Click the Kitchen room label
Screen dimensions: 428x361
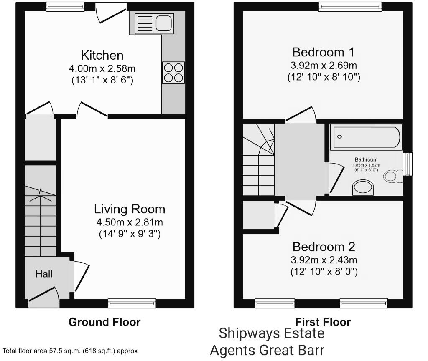pyautogui.click(x=102, y=56)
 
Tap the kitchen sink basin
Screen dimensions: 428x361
pyautogui.click(x=164, y=23)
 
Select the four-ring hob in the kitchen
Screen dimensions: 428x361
pyautogui.click(x=173, y=73)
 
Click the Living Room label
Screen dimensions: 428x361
pyautogui.click(x=130, y=209)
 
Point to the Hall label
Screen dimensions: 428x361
pyautogui.click(x=43, y=274)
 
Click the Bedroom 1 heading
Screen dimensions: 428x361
pyautogui.click(x=323, y=52)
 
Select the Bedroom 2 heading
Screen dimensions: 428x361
pyautogui.click(x=324, y=247)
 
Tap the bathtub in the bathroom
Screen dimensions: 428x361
pyautogui.click(x=366, y=137)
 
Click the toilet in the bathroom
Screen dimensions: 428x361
pyautogui.click(x=393, y=176)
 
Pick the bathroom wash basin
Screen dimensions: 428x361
pyautogui.click(x=363, y=187)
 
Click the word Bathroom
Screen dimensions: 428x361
pyautogui.click(x=366, y=160)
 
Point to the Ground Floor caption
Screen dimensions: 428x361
pyautogui.click(x=104, y=322)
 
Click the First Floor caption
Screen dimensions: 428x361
pyautogui.click(x=323, y=322)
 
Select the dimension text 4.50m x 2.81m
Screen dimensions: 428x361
pyautogui.click(x=130, y=222)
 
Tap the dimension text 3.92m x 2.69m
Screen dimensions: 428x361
pyautogui.click(x=324, y=66)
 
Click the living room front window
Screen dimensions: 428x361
pyautogui.click(x=132, y=303)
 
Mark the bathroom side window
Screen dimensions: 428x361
pyautogui.click(x=408, y=164)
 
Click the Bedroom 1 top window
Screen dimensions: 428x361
pyautogui.click(x=350, y=7)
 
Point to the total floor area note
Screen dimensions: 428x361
pyautogui.click(x=70, y=351)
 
